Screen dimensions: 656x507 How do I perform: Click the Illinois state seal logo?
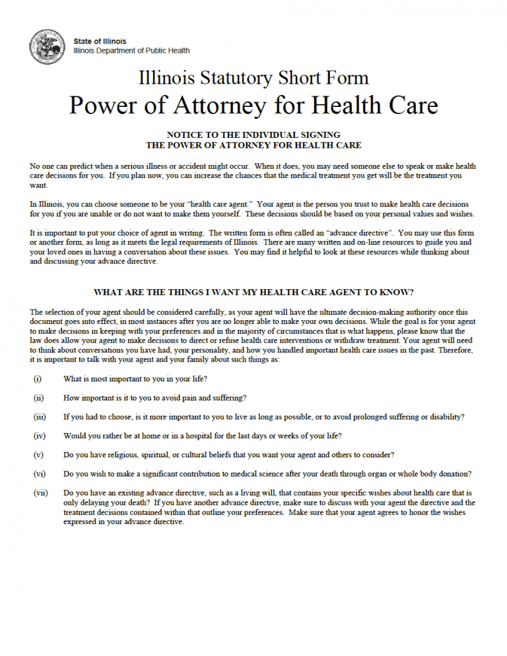pyautogui.click(x=48, y=46)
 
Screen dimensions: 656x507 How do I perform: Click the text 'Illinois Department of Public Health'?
pyautogui.click(x=131, y=50)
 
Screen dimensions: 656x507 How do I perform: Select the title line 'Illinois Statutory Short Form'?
pyautogui.click(x=253, y=78)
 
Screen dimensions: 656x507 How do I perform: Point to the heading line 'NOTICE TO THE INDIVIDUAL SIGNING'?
pyautogui.click(x=253, y=135)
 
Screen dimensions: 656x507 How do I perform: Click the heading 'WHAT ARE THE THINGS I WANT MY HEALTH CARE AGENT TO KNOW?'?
pyautogui.click(x=253, y=292)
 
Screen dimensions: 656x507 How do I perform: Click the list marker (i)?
pyautogui.click(x=37, y=379)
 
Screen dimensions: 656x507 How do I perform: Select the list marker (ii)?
pyautogui.click(x=38, y=398)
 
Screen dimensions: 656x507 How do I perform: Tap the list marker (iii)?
pyautogui.click(x=39, y=417)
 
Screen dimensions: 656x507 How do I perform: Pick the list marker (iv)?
pyautogui.click(x=38, y=436)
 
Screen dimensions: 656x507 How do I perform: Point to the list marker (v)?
pyautogui.click(x=38, y=455)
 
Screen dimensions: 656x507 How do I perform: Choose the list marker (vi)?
pyautogui.click(x=38, y=474)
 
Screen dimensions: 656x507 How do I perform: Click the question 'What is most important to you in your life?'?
pyautogui.click(x=135, y=379)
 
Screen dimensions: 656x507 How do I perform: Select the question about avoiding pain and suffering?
pyautogui.click(x=155, y=398)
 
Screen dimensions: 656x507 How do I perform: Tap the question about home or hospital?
pyautogui.click(x=202, y=436)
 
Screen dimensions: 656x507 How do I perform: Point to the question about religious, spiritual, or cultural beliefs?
pyautogui.click(x=229, y=455)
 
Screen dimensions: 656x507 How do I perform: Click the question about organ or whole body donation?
pyautogui.click(x=267, y=474)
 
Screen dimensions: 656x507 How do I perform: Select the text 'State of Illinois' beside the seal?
pyautogui.click(x=100, y=41)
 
